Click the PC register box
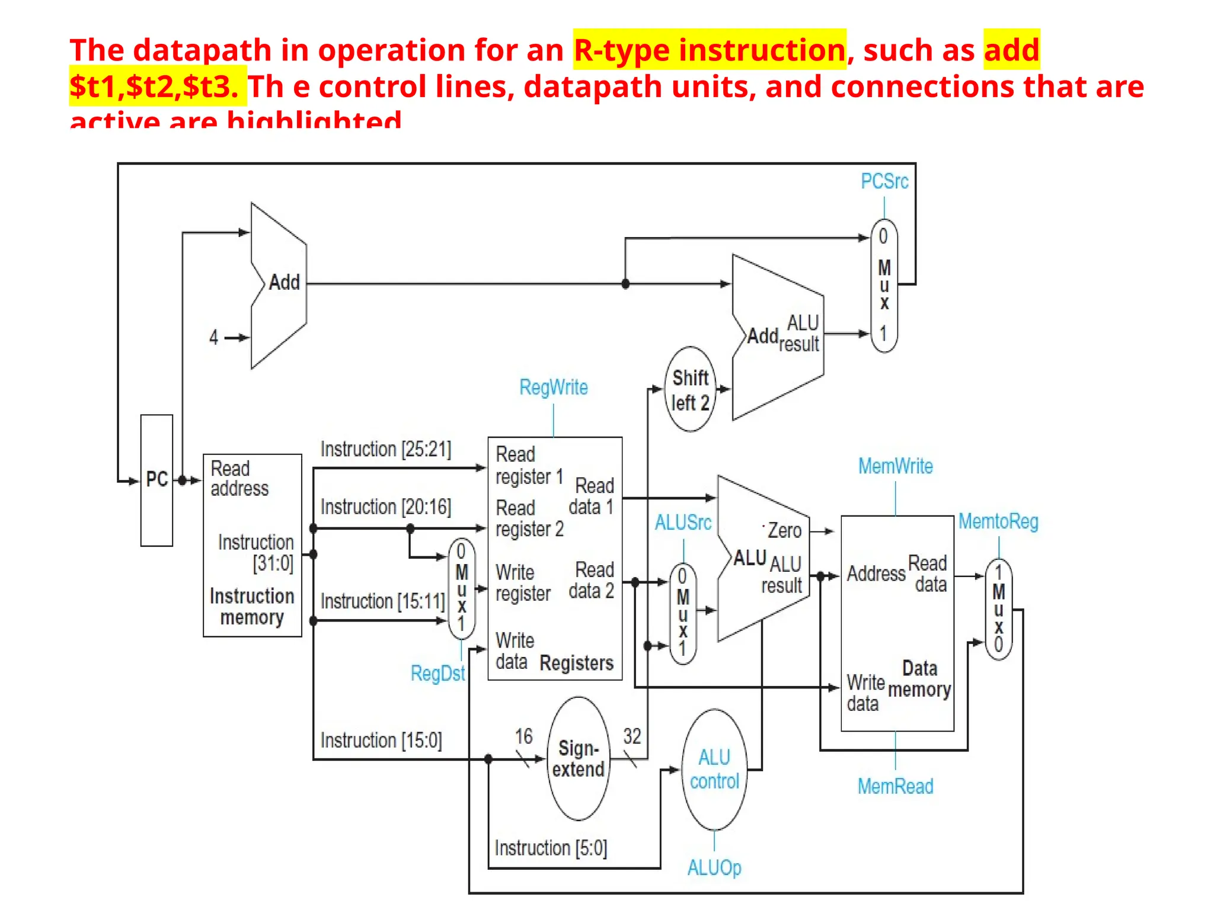(x=156, y=480)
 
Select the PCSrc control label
(x=884, y=181)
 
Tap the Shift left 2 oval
(x=690, y=390)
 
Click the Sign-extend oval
(x=578, y=759)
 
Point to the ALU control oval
(x=714, y=770)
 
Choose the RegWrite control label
(x=553, y=387)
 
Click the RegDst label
(x=437, y=674)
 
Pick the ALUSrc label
(x=683, y=523)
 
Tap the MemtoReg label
(x=998, y=521)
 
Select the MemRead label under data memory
(x=895, y=786)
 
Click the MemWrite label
(x=895, y=466)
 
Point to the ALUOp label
(x=714, y=868)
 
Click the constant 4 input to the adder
(x=214, y=338)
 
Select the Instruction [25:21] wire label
(x=385, y=449)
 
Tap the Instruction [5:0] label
(x=551, y=848)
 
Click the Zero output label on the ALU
(x=784, y=530)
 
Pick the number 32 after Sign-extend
(x=632, y=736)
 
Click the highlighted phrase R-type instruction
(x=709, y=50)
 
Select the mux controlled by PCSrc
(x=884, y=286)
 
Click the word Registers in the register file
(x=576, y=663)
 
